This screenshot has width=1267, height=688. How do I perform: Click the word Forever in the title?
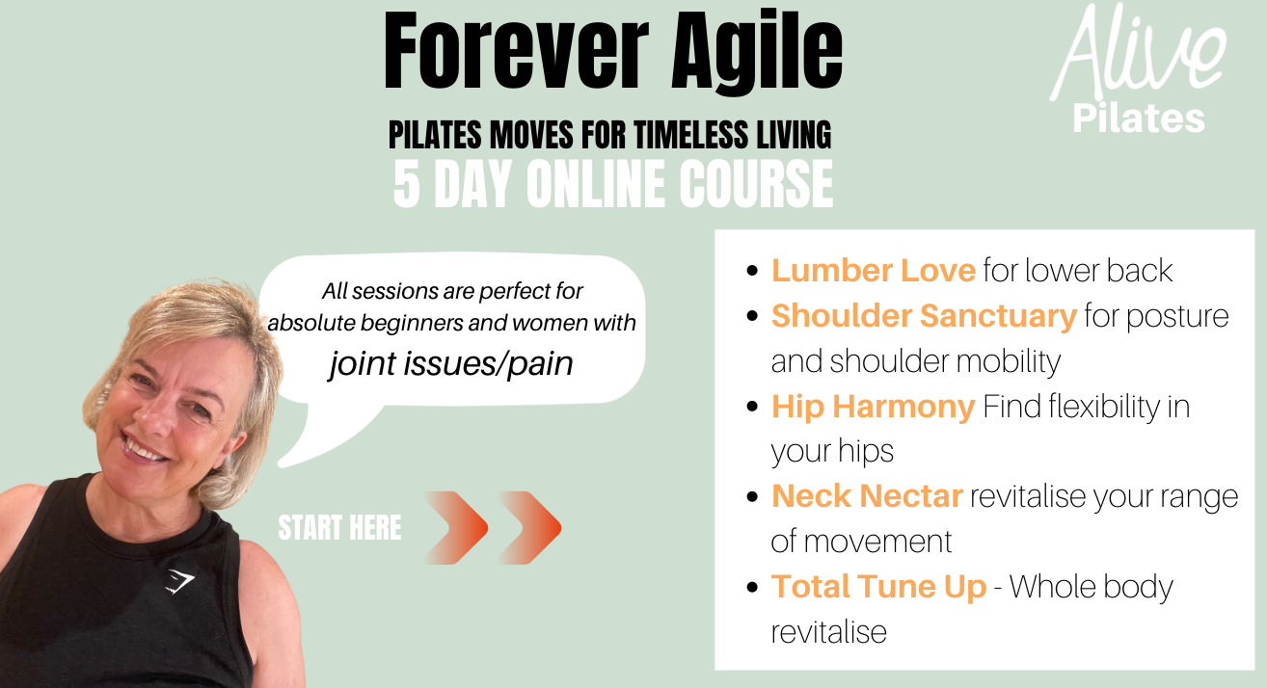516,51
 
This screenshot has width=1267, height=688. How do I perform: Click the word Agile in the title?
757,54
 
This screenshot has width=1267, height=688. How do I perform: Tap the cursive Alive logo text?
1138,53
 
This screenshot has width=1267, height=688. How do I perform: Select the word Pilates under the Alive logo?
1139,119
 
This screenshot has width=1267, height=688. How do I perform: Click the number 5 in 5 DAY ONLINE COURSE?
407,184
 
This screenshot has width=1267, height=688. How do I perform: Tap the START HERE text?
340,528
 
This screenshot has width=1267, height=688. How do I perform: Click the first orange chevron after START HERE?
456,528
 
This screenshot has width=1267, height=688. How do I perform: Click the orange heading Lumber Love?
874,270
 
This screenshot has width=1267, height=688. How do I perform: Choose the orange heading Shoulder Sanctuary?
925,316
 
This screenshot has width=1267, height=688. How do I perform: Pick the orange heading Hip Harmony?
874,407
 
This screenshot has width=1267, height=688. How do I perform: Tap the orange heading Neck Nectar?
867,496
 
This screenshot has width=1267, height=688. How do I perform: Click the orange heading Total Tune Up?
879,587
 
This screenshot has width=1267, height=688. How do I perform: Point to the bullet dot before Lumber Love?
752,271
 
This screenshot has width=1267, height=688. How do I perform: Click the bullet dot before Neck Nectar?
752,497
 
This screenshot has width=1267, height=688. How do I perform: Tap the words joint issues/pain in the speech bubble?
451,363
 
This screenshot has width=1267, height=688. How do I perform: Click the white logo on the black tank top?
179,582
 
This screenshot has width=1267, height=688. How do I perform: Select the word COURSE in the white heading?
756,184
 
